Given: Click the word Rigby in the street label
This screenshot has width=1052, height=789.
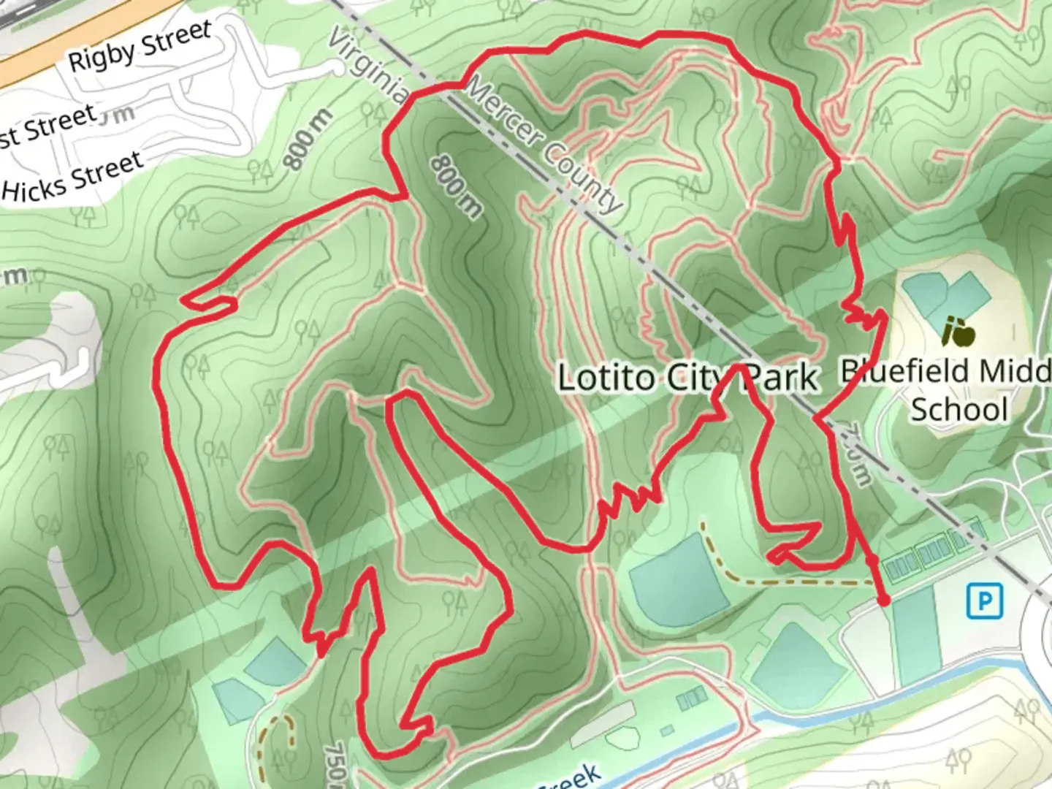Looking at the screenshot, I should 102,54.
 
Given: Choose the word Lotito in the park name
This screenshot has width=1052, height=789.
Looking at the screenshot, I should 606,378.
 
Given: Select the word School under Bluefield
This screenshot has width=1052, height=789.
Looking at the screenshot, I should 958,409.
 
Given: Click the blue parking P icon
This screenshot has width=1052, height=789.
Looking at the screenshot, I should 985,601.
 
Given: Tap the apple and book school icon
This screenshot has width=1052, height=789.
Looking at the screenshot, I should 958,333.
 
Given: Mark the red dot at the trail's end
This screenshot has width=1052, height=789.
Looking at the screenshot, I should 883,601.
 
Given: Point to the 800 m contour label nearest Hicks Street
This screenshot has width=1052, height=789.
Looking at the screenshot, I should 308,140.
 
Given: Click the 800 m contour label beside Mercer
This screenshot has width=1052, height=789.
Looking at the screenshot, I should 456,186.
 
